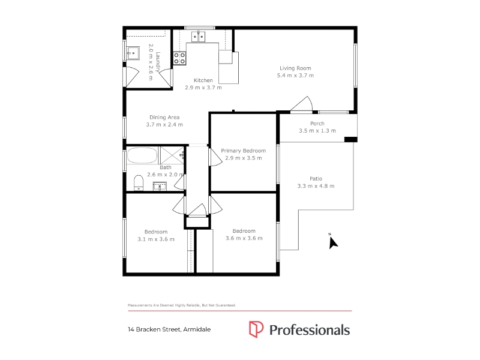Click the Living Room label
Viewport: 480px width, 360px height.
point(295,68)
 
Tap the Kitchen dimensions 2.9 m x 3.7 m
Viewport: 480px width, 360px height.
point(203,88)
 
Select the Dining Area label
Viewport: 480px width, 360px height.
point(164,117)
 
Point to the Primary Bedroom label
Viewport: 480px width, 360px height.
point(244,151)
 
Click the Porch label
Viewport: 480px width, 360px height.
point(317,124)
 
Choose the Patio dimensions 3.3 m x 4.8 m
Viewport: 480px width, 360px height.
point(316,186)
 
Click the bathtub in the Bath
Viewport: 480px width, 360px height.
point(142,155)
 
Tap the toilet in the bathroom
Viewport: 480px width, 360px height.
point(139,182)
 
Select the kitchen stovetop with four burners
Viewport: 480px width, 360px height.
point(179,58)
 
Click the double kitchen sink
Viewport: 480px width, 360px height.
point(199,37)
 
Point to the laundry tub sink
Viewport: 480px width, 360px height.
point(133,53)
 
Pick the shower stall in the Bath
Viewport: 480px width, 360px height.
point(172,155)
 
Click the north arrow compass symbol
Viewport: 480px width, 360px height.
point(332,242)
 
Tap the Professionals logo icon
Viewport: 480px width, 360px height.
point(256,329)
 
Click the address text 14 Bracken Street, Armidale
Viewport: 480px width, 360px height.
point(169,329)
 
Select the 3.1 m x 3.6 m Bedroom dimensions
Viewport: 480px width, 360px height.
point(156,239)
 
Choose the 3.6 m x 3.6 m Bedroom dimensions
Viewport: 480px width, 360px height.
point(244,238)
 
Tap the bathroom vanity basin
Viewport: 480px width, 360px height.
point(160,186)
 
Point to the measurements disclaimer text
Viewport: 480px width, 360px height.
point(182,305)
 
